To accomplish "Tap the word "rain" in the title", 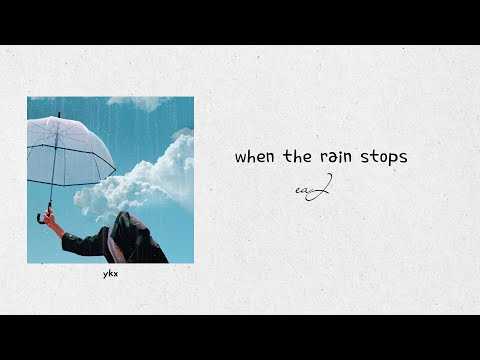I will tap(335, 157).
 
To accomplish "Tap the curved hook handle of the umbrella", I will tap(42, 216).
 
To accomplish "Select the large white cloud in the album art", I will tap(150, 180).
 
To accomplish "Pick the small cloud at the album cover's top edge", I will tap(140, 102).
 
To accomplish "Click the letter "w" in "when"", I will tap(241, 157).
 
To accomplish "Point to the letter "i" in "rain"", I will tap(340, 156).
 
